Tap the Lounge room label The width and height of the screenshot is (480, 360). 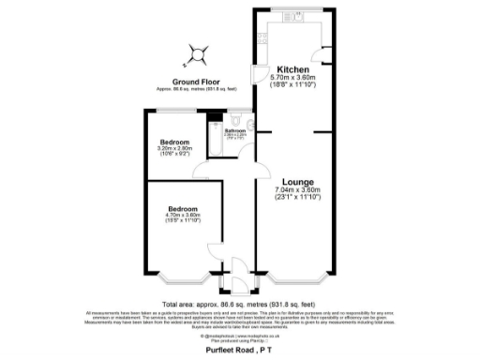296,180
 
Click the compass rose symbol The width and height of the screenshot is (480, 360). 196,55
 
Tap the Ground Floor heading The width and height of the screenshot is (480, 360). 197,82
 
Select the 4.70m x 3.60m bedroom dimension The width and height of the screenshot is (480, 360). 183,216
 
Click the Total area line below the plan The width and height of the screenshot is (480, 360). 240,305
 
